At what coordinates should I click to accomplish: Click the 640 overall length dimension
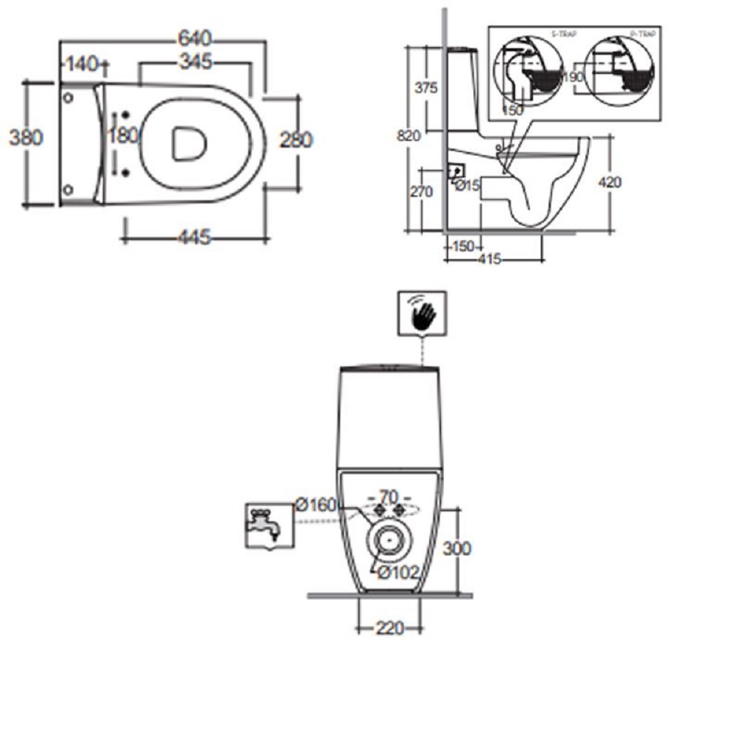pos(196,37)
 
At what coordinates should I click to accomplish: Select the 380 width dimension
pos(25,138)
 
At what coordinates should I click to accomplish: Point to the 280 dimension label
pos(296,139)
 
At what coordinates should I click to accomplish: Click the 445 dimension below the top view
pos(195,238)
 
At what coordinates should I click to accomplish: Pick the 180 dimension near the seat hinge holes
pos(122,136)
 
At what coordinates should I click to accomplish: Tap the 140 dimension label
pos(82,64)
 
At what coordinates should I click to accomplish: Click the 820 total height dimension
pos(408,136)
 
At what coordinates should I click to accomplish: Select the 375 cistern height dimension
pos(426,88)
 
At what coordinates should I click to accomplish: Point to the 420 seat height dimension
pos(609,182)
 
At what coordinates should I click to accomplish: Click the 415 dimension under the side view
pos(488,259)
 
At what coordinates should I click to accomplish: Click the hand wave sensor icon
pos(422,313)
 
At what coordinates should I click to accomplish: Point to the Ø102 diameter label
pos(399,573)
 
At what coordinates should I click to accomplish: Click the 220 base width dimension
pos(389,628)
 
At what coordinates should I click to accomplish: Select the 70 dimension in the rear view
pos(390,496)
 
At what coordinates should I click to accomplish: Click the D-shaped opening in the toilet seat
pos(188,142)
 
